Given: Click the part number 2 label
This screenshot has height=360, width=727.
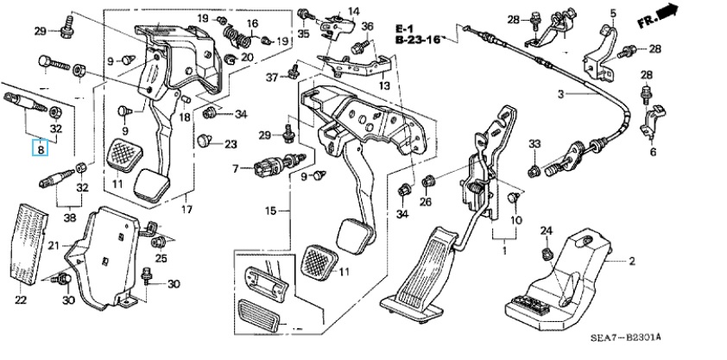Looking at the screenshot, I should coord(631,260).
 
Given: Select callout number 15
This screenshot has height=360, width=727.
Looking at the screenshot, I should coord(269,210).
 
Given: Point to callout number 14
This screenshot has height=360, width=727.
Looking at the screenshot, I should coord(353,10).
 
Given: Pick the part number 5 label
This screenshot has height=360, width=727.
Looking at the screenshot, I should coord(613,12).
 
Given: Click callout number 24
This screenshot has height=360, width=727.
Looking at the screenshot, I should coord(545,231).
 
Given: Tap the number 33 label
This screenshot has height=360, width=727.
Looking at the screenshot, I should coord(534,143).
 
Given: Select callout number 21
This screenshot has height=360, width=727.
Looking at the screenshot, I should coord(53,247).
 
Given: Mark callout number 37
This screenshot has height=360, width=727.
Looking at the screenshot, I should coord(271,78).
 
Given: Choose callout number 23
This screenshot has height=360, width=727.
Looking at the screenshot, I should coord(230,144).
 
